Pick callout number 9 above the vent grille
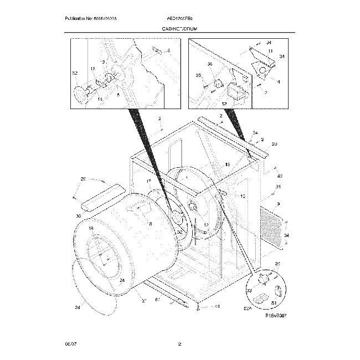279,204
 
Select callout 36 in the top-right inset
209,64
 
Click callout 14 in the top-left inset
100,99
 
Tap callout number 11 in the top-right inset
271,51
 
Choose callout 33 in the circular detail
249,290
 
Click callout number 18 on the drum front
91,228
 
